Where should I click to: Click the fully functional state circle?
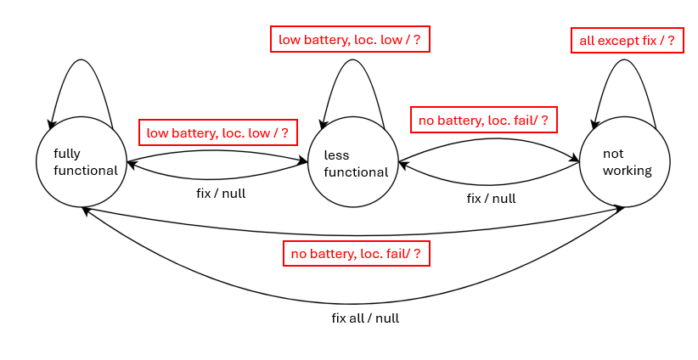point(82,161)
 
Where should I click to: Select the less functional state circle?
point(353,161)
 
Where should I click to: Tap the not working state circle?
point(625,161)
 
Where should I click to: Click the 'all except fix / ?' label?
point(627,41)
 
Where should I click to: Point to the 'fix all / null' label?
point(365,318)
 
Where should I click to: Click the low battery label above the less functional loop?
point(349,38)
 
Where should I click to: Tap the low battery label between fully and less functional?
point(217,132)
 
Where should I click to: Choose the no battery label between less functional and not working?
point(483,120)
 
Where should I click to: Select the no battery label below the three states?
point(356,253)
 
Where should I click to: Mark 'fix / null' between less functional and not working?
point(491,199)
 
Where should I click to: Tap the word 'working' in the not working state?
point(627,170)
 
